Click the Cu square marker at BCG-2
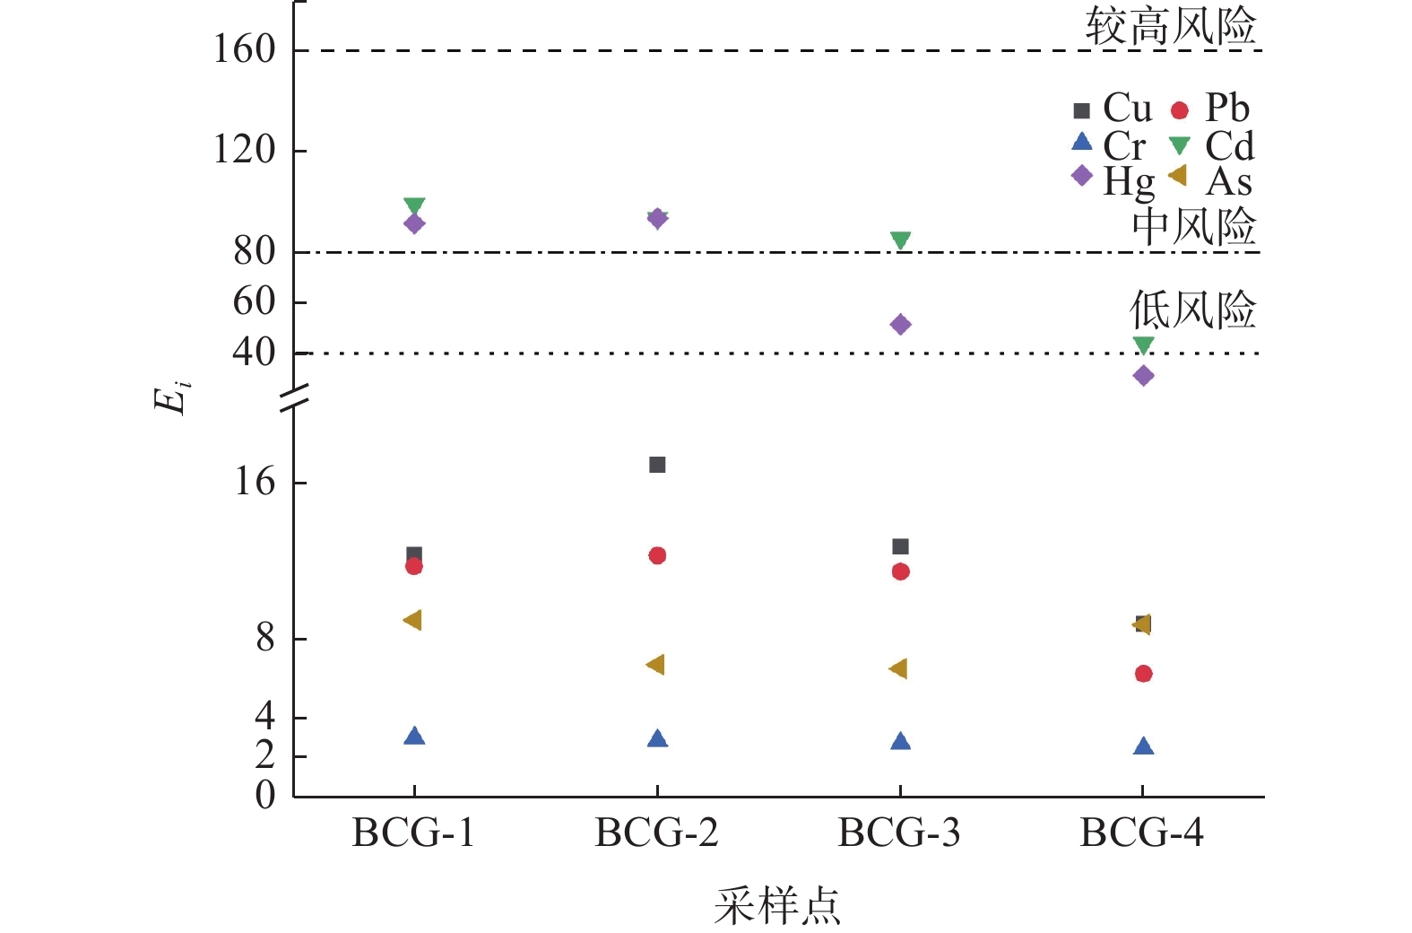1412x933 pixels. tap(657, 465)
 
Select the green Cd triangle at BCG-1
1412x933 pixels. tap(414, 206)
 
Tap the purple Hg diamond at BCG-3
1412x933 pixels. tap(901, 325)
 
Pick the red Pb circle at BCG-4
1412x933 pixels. tap(1143, 674)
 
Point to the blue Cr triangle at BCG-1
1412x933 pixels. tap(414, 737)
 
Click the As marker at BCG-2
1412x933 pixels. tap(655, 665)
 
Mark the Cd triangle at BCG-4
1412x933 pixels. tap(1143, 344)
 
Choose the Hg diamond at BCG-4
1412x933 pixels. tap(1143, 376)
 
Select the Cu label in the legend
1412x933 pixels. tap(1127, 109)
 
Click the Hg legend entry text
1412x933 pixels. tap(1129, 182)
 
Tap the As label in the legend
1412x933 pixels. tap(1228, 182)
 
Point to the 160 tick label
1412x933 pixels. tap(244, 49)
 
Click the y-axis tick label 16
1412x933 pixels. tap(255, 483)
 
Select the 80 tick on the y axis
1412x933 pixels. tap(255, 252)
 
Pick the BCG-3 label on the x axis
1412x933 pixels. tap(899, 833)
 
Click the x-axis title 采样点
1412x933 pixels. tap(777, 905)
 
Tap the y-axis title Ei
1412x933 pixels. tap(172, 396)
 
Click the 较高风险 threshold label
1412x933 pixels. tap(1170, 26)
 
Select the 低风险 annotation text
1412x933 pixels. tap(1192, 310)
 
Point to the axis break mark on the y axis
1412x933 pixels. tap(294, 398)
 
